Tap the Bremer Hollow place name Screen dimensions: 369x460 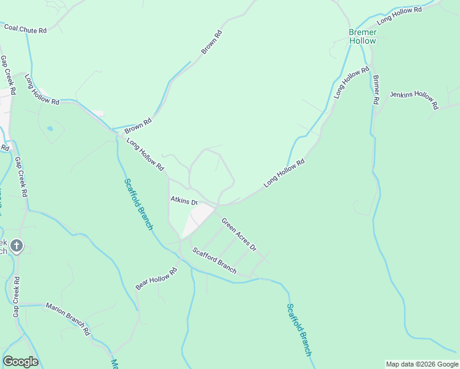(362, 36)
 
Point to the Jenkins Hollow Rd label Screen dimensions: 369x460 (414, 99)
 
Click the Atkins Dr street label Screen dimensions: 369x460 (184, 201)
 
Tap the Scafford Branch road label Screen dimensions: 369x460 (214, 260)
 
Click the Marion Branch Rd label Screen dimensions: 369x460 (68, 318)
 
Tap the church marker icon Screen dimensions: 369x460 (17, 247)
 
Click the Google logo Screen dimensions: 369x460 (20, 362)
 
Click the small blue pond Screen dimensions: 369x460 (50, 129)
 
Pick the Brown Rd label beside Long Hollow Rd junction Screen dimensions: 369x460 (138, 127)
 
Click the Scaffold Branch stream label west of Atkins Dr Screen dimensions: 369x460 (138, 204)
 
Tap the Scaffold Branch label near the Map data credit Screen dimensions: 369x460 (299, 330)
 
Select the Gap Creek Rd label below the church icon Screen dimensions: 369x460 (15, 296)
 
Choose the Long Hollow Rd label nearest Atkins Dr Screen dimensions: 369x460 (146, 154)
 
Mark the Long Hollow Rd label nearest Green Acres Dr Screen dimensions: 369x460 (284, 174)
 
